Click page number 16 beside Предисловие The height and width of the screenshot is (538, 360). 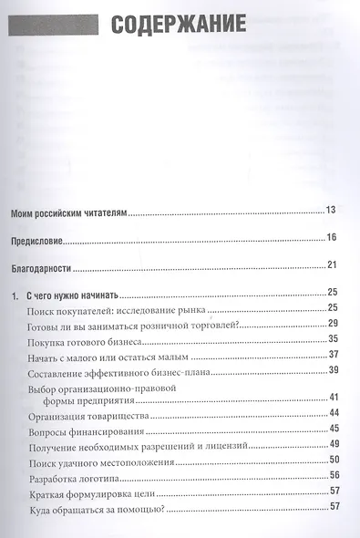click(332, 237)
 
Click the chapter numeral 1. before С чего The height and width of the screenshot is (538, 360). click(15, 295)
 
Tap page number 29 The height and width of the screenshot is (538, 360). click(334, 324)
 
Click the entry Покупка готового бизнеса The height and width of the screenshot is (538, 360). click(89, 339)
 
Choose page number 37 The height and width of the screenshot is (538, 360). click(334, 354)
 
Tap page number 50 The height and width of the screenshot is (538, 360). click(334, 459)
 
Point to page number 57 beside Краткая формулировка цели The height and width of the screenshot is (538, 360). click(334, 491)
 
